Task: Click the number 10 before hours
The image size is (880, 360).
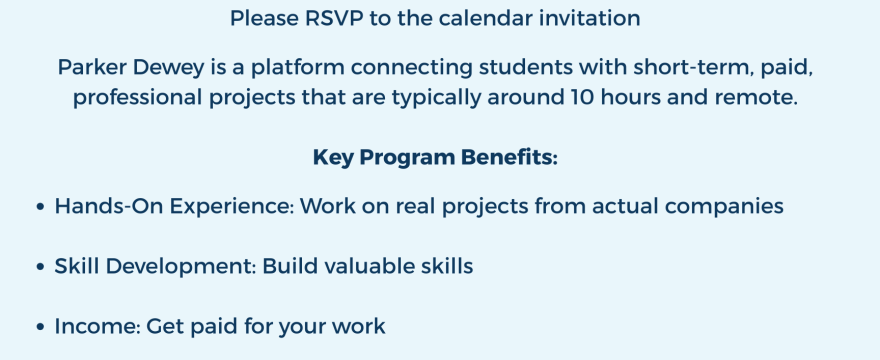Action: point(585,101)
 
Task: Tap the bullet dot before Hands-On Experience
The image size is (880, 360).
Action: point(40,208)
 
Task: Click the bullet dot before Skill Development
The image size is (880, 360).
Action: point(40,268)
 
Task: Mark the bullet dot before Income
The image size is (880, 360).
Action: point(40,328)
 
